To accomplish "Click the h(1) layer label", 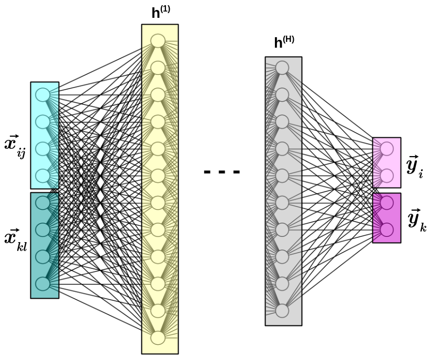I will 160,13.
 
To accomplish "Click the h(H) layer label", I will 284,43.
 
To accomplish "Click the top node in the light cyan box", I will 42,95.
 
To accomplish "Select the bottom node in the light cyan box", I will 42,176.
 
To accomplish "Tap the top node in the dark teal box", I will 42,203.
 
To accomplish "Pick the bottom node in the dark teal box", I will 42,283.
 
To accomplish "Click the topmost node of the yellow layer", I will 158,41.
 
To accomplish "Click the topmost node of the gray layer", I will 282,68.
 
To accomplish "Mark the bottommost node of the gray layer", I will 282,311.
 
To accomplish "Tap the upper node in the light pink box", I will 386,149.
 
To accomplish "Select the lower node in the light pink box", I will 386,176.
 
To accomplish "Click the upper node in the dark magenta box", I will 386,203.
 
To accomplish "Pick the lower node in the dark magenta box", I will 386,230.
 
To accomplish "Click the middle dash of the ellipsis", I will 222,172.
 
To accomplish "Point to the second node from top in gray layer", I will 282,95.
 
